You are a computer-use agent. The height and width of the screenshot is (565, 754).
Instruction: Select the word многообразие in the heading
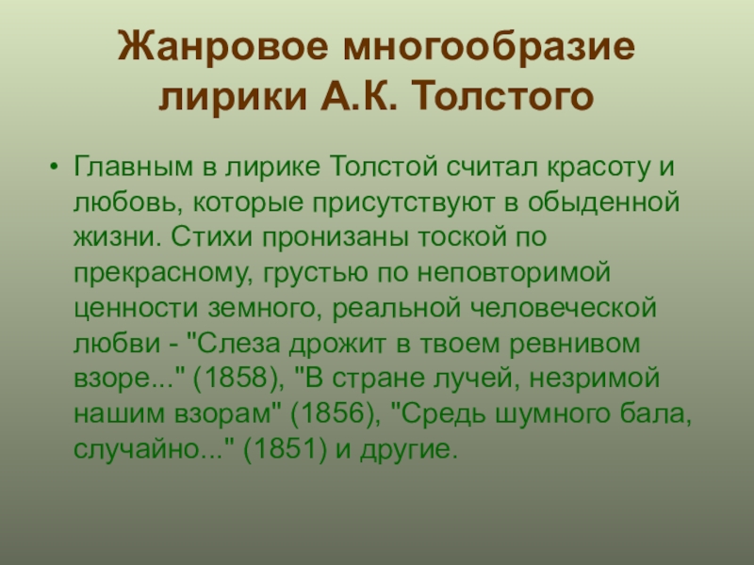[489, 47]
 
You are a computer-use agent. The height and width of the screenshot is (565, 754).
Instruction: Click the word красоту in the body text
[598, 167]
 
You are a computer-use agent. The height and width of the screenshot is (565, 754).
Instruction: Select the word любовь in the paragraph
[128, 202]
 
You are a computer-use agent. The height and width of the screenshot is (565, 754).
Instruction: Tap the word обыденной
[603, 202]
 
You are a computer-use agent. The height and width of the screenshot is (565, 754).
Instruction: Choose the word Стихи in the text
[211, 237]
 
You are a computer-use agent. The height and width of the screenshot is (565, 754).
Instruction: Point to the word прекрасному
[163, 273]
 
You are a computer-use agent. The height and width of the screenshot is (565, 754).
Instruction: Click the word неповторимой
[514, 272]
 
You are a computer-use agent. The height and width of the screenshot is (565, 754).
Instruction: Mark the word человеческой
[563, 308]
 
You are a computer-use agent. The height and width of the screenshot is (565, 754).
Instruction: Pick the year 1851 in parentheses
[285, 449]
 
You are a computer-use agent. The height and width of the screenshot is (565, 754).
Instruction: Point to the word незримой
[595, 379]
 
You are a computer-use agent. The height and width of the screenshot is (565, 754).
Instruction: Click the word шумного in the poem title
[552, 414]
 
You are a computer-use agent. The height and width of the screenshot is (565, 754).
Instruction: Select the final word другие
[408, 450]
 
